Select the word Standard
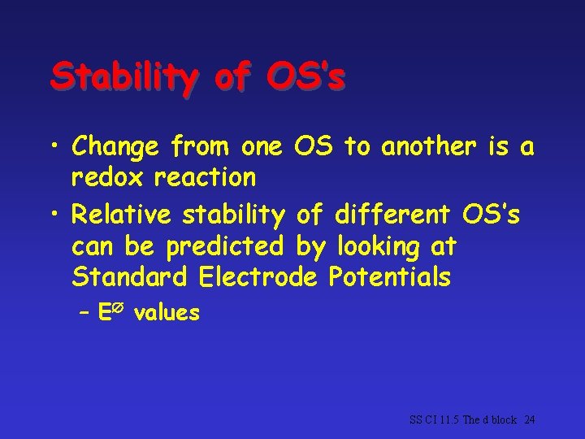129,276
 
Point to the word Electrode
259,276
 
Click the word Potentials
389,276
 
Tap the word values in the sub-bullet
167,313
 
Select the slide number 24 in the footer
530,420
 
